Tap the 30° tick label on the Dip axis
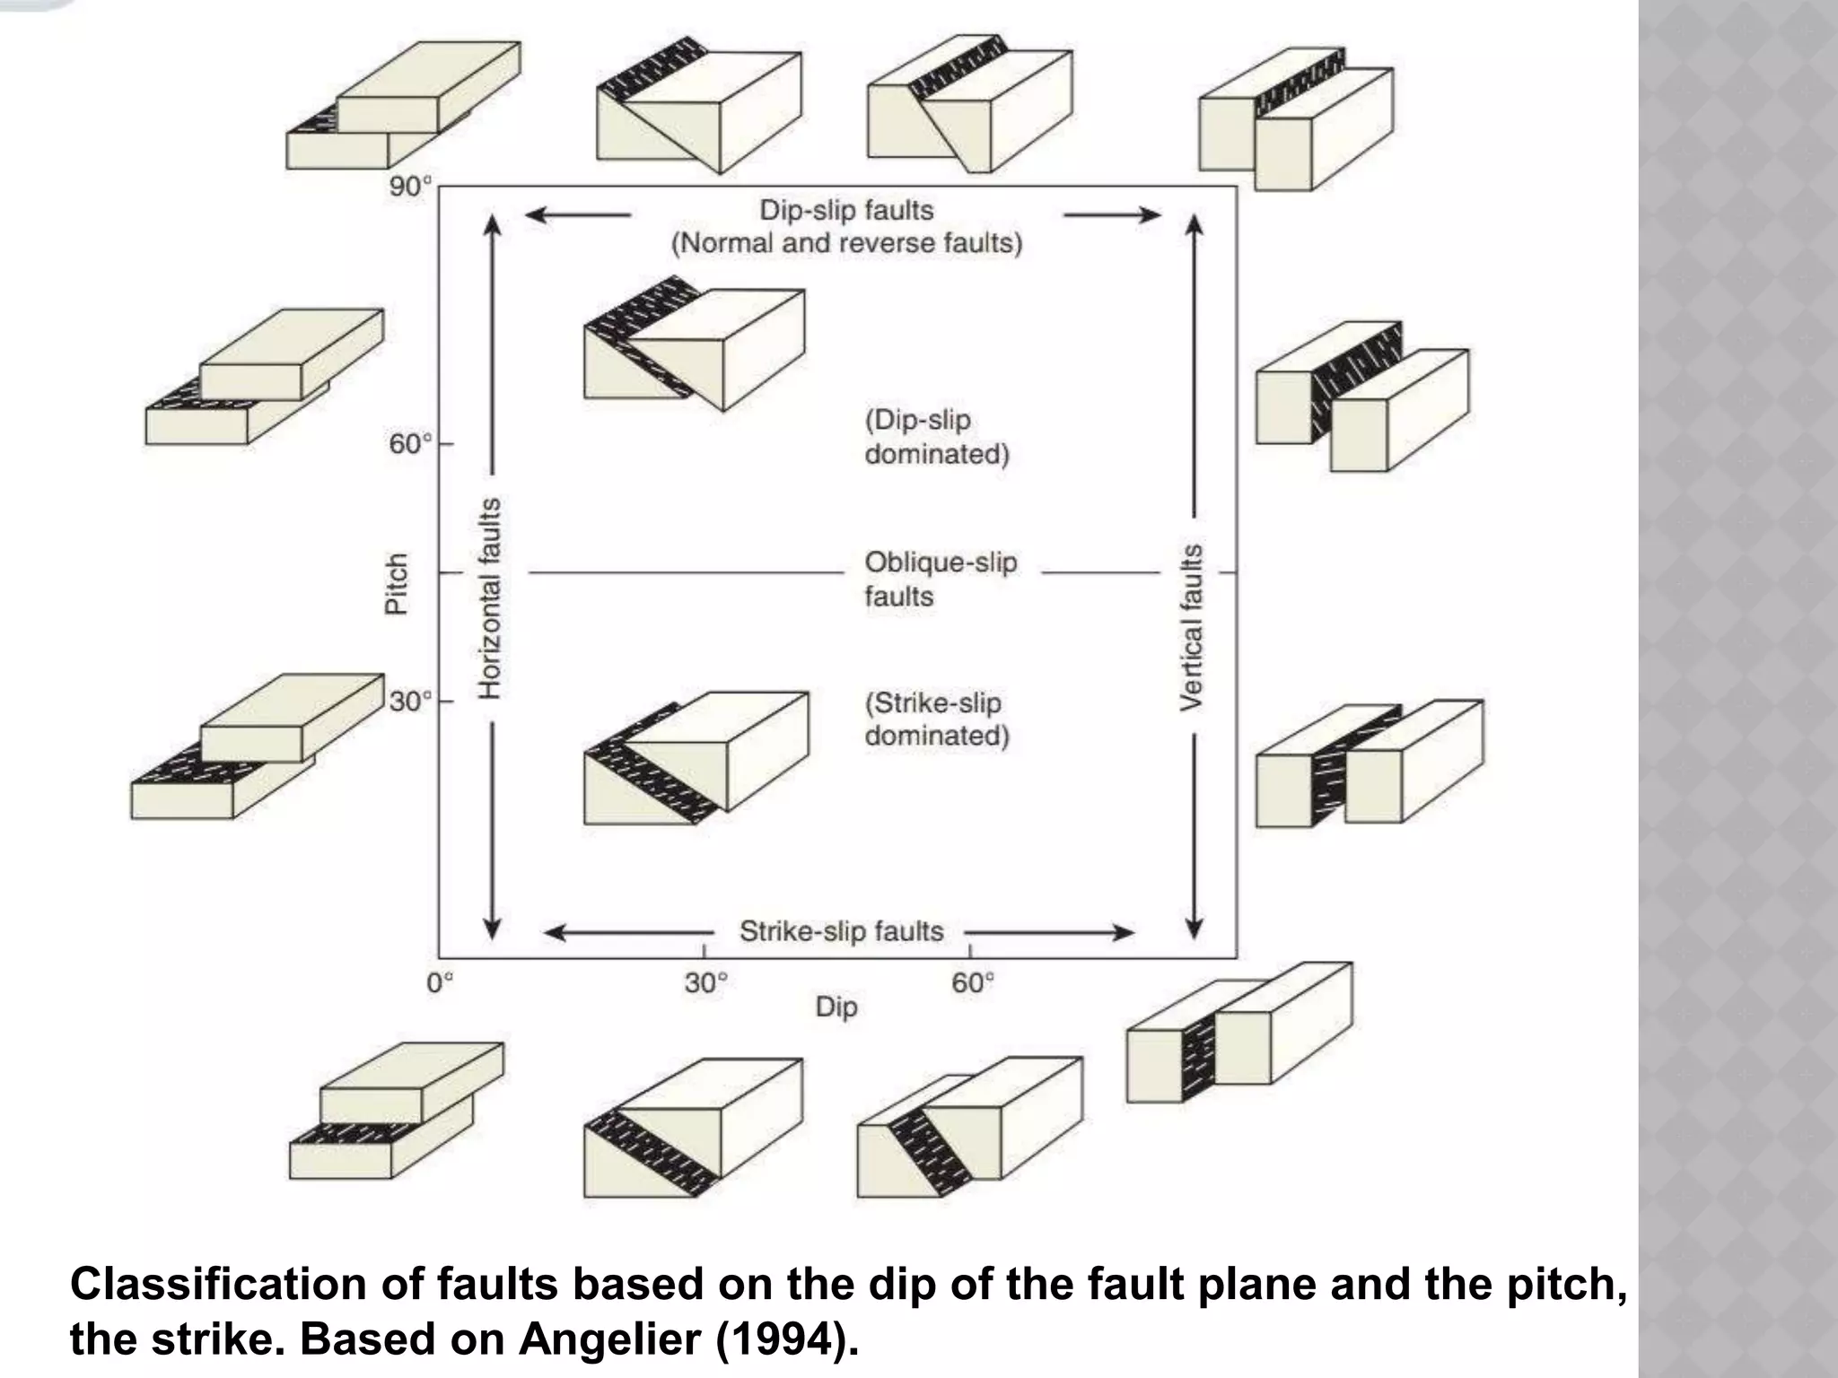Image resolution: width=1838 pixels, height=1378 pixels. pyautogui.click(x=705, y=983)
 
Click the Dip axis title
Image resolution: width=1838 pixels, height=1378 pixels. pyautogui.click(x=836, y=1007)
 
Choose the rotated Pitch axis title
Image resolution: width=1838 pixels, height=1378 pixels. pyautogui.click(x=396, y=583)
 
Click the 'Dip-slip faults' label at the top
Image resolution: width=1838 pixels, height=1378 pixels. pyautogui.click(x=846, y=210)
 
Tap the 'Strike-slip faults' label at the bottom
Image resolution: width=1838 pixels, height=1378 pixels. pyautogui.click(x=841, y=932)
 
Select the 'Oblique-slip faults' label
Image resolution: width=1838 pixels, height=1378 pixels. pyautogui.click(x=940, y=579)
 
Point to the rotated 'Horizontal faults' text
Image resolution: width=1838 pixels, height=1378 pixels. pyautogui.click(x=488, y=597)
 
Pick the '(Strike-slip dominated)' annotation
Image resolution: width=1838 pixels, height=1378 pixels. pyautogui.click(x=936, y=719)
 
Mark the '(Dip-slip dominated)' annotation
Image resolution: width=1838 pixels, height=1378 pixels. pyautogui.click(x=936, y=437)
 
